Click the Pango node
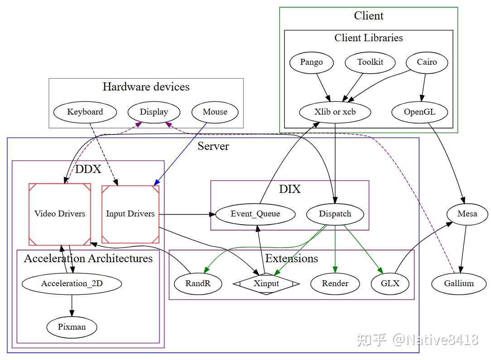click(x=312, y=62)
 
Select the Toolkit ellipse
click(x=370, y=62)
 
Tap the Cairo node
click(x=427, y=62)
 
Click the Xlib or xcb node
click(x=335, y=112)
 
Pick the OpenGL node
click(x=419, y=112)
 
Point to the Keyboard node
click(x=85, y=112)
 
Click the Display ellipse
click(x=154, y=112)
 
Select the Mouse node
click(x=215, y=112)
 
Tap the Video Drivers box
click(x=60, y=215)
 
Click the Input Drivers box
click(x=130, y=215)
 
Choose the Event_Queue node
click(x=255, y=214)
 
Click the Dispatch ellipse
click(x=335, y=214)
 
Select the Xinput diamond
click(x=266, y=283)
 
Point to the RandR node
click(x=198, y=283)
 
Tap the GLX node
click(x=390, y=283)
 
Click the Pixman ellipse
click(x=72, y=327)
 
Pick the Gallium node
click(x=459, y=283)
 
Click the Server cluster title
click(x=213, y=146)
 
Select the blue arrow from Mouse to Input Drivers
click(x=180, y=154)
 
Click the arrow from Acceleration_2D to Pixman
click(x=72, y=306)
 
